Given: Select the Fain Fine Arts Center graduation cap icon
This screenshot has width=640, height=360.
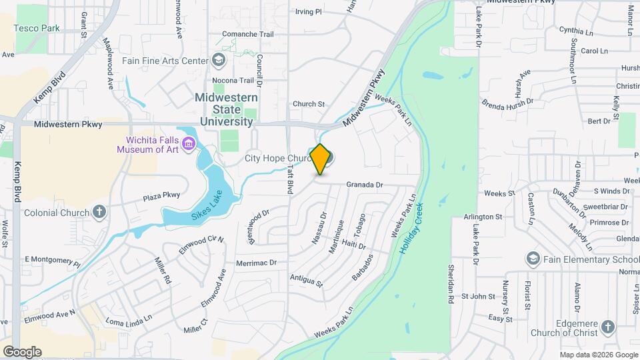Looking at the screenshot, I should pos(219,61).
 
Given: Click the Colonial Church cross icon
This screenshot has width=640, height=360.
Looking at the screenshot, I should pos(99,213).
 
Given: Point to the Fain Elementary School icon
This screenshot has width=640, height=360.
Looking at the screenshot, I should pos(533,259).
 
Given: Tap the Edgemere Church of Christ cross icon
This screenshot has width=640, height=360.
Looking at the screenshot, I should pos(607,327).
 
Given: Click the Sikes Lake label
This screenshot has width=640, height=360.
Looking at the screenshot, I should pos(207,203).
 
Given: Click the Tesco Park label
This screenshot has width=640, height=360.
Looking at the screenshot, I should pos(38,29).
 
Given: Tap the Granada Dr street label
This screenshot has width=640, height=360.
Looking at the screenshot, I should pos(365,185).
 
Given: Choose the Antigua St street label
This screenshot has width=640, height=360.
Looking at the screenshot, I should pos(306,280).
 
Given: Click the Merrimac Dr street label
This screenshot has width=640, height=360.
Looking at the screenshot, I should pos(256,263).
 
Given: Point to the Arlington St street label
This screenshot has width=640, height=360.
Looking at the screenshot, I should pos(483,217).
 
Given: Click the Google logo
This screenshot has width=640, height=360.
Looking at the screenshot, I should pos(22,351).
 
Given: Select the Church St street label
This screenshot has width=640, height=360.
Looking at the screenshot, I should pos(308,104).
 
